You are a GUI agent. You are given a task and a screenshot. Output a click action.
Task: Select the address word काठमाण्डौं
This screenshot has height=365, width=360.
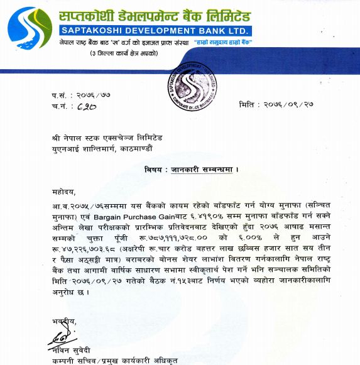pyautogui.click(x=152, y=148)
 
